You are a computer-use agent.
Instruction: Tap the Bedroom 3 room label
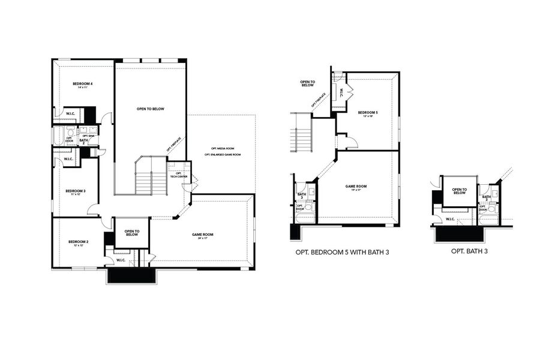[76, 191]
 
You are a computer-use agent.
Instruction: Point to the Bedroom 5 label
[367, 112]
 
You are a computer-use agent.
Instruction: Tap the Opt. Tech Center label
[179, 175]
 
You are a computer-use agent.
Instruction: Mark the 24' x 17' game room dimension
[203, 239]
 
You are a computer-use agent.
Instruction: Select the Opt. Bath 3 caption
[469, 251]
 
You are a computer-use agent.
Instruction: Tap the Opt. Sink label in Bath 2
[88, 136]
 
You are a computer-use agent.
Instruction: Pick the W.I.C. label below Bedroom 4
[70, 113]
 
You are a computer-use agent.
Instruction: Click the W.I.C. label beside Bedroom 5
[341, 93]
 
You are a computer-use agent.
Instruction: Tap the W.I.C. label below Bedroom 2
[121, 260]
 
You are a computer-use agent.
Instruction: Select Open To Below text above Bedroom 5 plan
[308, 83]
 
